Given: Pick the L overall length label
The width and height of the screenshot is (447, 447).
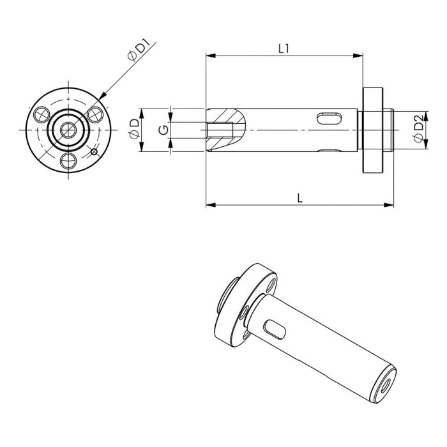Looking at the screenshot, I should coord(299,197).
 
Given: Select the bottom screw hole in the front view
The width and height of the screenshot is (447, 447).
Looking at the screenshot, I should coord(68,160).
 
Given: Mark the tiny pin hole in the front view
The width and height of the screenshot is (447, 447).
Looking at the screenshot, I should coord(94,151).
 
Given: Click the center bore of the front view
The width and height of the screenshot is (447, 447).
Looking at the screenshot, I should coord(68,130).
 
